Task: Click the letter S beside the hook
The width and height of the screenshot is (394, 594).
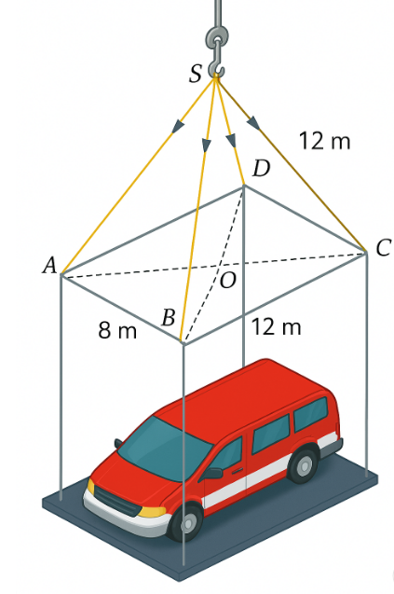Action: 196,73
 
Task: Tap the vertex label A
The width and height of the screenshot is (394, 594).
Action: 49,265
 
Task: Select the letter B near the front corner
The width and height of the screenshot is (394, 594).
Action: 169,317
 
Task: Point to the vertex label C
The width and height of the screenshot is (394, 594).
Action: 383,248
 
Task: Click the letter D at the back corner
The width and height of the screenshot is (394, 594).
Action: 261,169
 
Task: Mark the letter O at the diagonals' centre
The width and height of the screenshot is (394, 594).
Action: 228,281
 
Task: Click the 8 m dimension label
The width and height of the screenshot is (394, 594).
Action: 117,330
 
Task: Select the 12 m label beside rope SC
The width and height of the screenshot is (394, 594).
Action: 324,141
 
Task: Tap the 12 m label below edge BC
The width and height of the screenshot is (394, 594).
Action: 276,326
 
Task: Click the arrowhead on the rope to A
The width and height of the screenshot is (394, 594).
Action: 178,127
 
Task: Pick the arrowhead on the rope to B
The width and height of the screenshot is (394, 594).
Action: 206,145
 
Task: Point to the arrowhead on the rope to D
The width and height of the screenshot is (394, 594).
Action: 231,140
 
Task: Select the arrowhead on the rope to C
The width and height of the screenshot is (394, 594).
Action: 253,122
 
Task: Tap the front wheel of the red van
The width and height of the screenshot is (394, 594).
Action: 186,522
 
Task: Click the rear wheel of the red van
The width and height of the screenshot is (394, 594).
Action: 304,464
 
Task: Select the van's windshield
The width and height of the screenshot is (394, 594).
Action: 165,449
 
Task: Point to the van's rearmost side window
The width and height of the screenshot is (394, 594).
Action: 311,414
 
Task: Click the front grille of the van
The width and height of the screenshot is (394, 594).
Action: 117,501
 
